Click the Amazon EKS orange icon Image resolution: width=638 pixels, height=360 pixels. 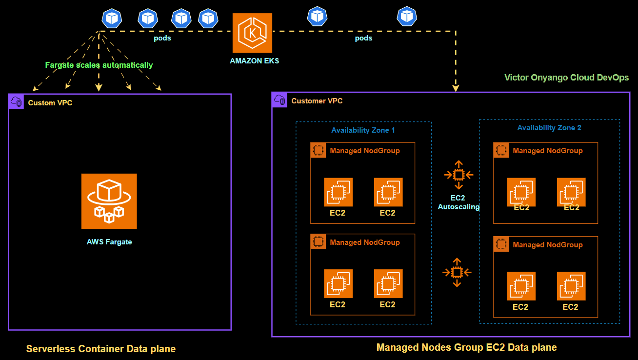252,33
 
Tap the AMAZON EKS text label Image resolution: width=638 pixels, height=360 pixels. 255,61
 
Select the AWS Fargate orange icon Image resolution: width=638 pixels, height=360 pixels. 109,201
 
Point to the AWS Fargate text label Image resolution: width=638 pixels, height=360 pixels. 109,241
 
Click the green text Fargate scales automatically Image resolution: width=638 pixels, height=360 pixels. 99,65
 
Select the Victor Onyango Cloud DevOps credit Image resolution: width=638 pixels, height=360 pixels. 566,77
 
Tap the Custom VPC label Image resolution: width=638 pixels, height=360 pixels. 50,103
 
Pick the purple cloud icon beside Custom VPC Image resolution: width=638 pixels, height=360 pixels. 16,101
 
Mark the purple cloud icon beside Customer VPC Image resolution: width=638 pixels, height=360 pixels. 279,100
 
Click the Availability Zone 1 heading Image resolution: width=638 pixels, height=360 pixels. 363,130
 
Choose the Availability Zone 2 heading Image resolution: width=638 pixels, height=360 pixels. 549,128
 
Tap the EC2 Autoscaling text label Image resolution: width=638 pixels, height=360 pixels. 459,203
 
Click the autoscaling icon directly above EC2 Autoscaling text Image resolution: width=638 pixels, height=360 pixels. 459,175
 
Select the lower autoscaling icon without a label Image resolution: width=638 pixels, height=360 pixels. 457,272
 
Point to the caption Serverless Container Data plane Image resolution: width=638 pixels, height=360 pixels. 100,349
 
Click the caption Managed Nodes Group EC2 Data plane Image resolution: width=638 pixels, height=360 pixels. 466,347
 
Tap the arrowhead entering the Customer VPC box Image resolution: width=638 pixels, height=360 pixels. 456,88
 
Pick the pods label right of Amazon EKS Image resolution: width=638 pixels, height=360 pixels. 363,38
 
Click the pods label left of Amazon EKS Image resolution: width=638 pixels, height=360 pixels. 162,38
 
